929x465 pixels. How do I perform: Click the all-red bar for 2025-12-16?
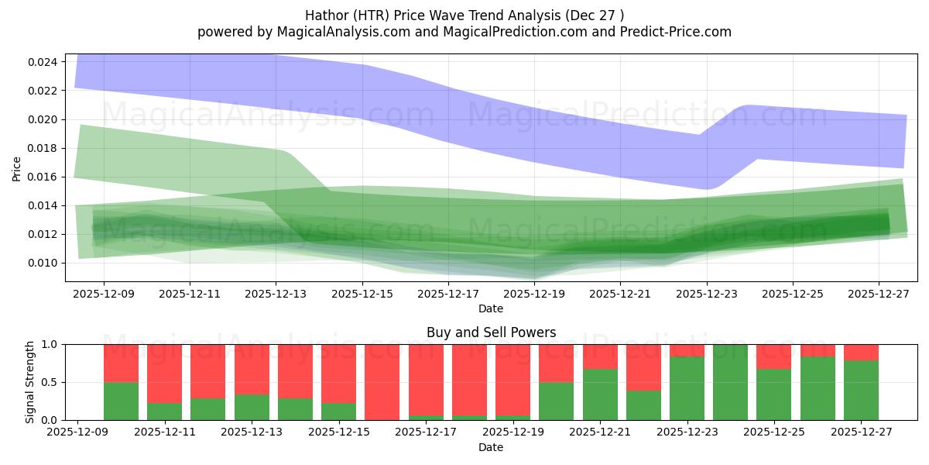click(x=382, y=382)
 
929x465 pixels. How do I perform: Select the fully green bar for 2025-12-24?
click(x=730, y=382)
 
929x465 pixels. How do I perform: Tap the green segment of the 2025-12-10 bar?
click(x=121, y=401)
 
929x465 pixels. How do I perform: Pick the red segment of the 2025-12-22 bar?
click(x=643, y=367)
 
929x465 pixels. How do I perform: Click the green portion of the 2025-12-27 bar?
click(x=861, y=390)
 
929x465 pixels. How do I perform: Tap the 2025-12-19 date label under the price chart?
click(x=534, y=294)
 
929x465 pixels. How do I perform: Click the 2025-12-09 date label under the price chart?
click(x=104, y=294)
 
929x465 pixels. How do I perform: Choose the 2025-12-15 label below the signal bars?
click(x=338, y=432)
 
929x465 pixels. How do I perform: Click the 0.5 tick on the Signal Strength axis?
click(x=52, y=382)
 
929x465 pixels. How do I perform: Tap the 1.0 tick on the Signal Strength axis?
click(x=52, y=344)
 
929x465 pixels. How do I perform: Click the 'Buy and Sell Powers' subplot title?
click(x=491, y=332)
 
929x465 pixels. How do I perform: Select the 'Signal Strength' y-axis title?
click(x=30, y=382)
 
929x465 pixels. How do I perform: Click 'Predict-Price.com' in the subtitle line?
click(x=677, y=32)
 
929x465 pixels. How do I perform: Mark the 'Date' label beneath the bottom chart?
click(x=491, y=447)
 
